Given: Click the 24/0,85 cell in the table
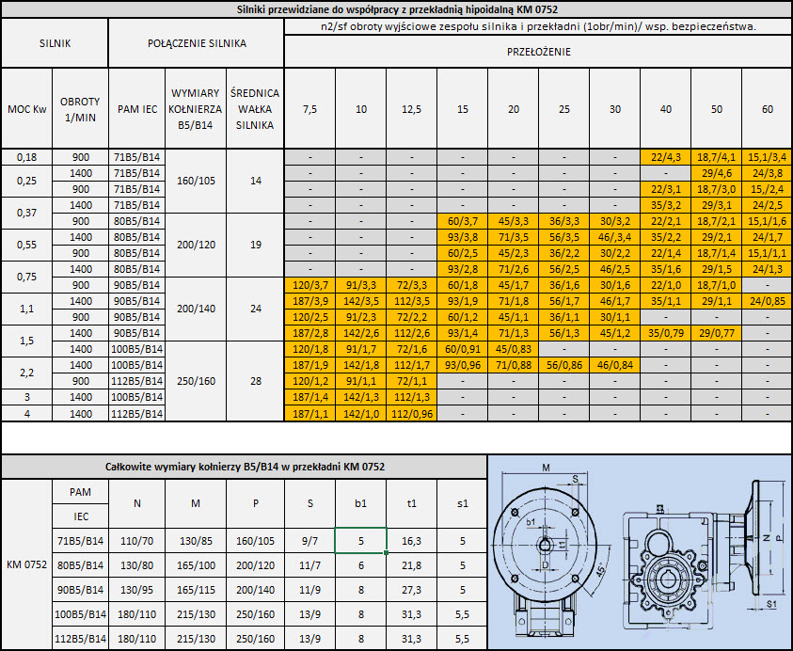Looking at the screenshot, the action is pos(768,301).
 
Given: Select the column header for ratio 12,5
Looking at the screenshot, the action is pos(412,109).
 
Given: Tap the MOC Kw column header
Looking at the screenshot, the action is pos(26,109).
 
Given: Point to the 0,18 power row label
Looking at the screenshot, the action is pos(26,157).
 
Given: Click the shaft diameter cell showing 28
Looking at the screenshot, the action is pos(256,381).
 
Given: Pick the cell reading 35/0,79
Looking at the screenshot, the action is pos(666,333).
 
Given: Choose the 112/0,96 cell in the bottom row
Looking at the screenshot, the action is pos(412,414).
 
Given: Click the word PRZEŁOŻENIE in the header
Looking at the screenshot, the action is pos(539,52).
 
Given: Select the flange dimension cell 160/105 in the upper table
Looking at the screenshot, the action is pos(196,181).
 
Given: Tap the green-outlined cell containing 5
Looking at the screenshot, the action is pos(360,541).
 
